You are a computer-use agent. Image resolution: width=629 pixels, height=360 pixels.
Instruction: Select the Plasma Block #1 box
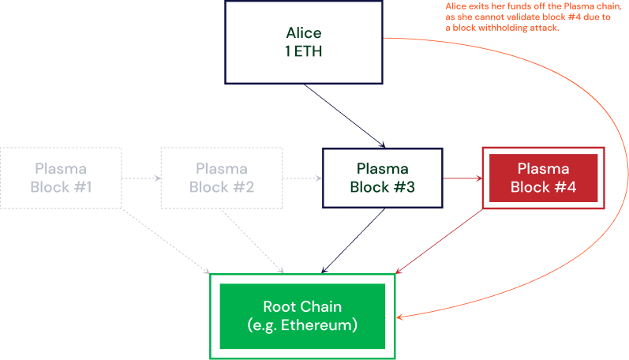(61, 178)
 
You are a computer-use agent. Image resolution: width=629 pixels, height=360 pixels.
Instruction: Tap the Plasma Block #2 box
(221, 178)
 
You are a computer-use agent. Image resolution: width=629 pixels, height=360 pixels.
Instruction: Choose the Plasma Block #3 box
(382, 178)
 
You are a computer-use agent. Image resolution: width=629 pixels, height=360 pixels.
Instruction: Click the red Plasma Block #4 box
(543, 178)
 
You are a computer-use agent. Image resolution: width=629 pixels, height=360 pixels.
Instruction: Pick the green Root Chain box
(303, 316)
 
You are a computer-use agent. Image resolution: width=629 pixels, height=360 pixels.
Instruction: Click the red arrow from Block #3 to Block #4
(462, 178)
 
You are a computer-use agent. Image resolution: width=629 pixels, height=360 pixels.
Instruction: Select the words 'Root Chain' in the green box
(303, 307)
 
